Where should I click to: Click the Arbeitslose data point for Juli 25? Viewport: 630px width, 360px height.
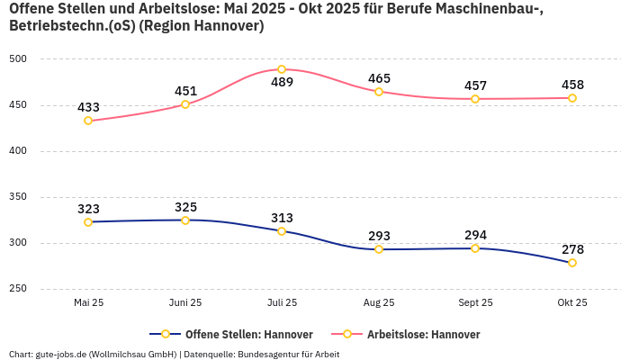tap(282, 69)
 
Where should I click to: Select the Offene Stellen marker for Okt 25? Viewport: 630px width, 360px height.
tap(572, 263)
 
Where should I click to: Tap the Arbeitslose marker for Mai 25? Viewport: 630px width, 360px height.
tap(88, 121)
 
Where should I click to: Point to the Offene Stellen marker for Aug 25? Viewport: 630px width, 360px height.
tap(379, 249)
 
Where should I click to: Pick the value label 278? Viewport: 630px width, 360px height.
tap(572, 248)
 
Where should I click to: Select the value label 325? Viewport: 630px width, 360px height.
tap(185, 207)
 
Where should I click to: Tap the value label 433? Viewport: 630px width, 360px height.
tap(88, 107)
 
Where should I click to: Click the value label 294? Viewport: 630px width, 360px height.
tap(475, 235)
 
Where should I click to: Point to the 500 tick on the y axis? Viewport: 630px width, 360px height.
tap(18, 59)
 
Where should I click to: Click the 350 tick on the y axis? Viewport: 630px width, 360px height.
tap(18, 197)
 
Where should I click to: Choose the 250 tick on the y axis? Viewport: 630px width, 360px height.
tap(18, 289)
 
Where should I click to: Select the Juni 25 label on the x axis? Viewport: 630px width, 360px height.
tap(185, 303)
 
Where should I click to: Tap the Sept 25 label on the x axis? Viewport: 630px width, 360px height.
tap(475, 303)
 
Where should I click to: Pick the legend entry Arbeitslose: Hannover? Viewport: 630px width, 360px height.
tap(423, 334)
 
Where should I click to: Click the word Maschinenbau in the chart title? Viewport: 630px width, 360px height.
tap(491, 9)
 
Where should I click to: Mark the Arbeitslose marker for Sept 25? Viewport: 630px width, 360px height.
tap(475, 99)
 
